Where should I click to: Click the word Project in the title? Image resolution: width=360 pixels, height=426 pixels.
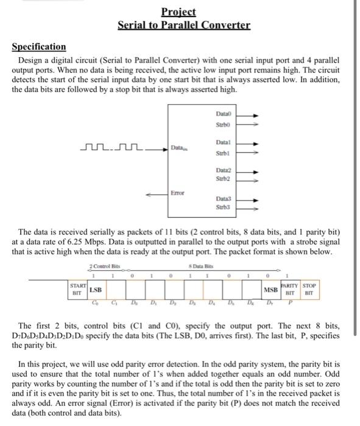pyautogui.click(x=179, y=12)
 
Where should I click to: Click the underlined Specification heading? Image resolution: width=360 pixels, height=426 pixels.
pyautogui.click(x=39, y=46)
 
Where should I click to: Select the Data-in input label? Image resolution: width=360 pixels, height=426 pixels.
pyautogui.click(x=178, y=147)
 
